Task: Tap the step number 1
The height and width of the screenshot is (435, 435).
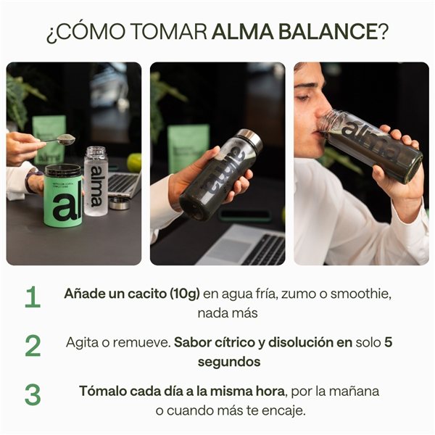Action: [32, 297]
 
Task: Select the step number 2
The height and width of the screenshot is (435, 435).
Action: [33, 346]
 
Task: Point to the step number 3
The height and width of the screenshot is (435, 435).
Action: [33, 394]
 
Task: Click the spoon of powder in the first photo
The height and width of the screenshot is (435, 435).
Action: [66, 138]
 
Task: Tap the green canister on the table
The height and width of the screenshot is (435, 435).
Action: [63, 196]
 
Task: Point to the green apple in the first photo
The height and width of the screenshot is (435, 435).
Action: [135, 161]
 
